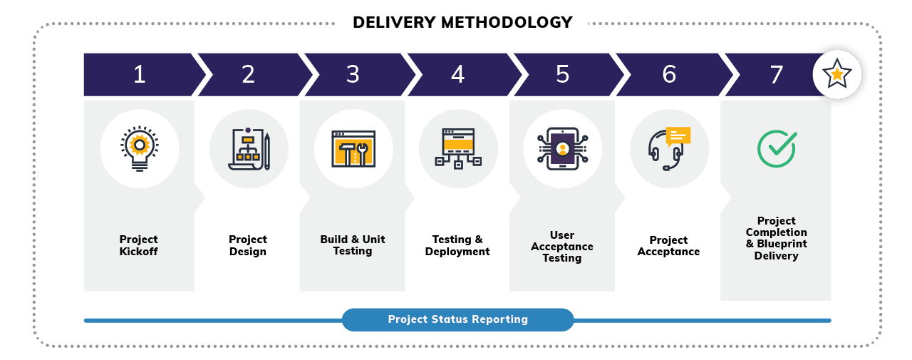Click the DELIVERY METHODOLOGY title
click(x=462, y=22)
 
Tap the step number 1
click(x=140, y=74)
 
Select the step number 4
click(x=457, y=74)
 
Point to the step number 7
click(x=776, y=74)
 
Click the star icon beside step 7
click(x=836, y=73)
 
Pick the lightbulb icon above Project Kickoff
click(x=140, y=148)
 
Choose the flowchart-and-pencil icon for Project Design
click(x=249, y=148)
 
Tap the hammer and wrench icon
click(x=353, y=149)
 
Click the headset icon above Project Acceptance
click(x=669, y=148)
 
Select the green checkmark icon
click(x=776, y=148)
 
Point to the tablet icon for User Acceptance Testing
click(x=563, y=148)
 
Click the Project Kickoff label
click(x=139, y=245)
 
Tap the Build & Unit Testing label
click(x=353, y=245)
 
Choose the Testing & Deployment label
click(x=457, y=245)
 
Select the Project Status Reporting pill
click(x=457, y=319)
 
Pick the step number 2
click(x=248, y=74)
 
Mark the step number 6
click(x=669, y=74)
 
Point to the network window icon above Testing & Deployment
click(x=457, y=148)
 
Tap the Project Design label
click(x=248, y=245)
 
